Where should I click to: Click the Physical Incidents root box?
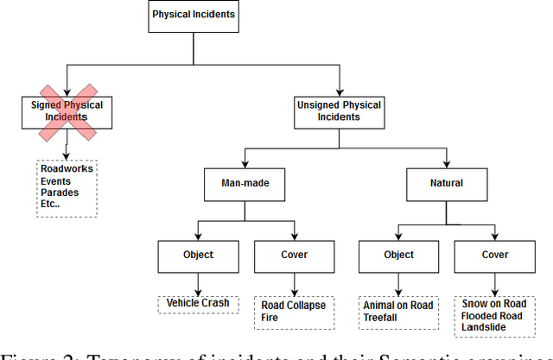coord(193,16)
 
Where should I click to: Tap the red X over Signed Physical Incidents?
coord(66,111)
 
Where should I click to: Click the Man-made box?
coord(245,183)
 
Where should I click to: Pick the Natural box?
coord(446,183)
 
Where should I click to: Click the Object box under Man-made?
coord(198,255)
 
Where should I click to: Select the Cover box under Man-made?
coord(296,255)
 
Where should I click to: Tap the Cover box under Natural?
coord(494,255)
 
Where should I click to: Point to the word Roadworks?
coord(67,168)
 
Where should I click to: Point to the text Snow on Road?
coord(494,304)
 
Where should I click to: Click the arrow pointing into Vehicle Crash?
coord(198,287)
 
